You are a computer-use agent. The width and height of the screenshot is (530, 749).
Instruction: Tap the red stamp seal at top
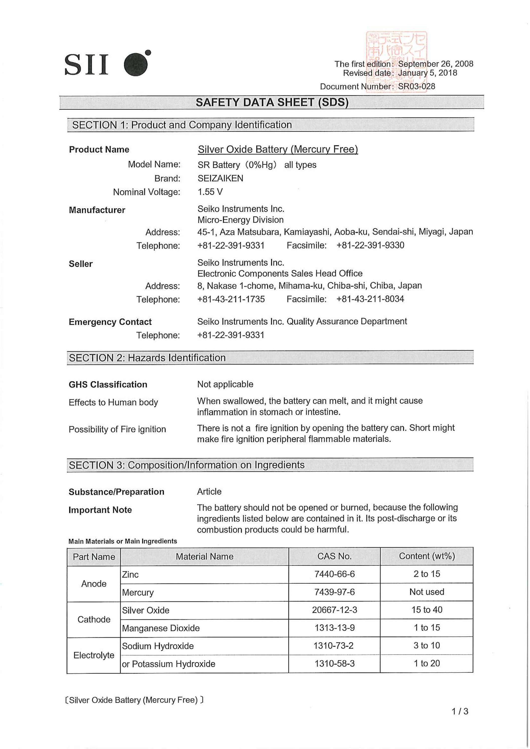click(x=396, y=62)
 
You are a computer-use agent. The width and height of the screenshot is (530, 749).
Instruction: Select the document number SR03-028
click(x=416, y=86)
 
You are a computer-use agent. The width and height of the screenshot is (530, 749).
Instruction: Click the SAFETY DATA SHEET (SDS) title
click(x=272, y=102)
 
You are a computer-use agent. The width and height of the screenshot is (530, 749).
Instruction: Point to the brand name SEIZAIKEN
click(x=220, y=178)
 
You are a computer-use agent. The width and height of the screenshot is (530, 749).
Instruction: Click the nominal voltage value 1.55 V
click(x=210, y=192)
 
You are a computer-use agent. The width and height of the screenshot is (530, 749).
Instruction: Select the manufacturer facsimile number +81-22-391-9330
click(x=370, y=245)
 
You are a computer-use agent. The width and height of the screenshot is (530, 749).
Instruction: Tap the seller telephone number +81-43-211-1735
click(x=231, y=299)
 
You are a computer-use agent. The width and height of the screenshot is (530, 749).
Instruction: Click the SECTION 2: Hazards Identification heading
click(x=147, y=358)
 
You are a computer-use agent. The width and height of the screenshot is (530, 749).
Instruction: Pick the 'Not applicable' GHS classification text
click(x=225, y=384)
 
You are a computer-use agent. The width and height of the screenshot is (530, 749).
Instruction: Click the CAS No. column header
click(x=334, y=556)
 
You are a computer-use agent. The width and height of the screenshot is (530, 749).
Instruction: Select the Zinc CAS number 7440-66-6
click(x=334, y=574)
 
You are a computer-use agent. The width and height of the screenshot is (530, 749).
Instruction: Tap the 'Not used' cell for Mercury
click(x=427, y=592)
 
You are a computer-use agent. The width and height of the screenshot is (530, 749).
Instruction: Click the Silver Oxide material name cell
click(x=146, y=610)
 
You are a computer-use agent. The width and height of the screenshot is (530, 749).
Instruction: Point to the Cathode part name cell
click(x=94, y=619)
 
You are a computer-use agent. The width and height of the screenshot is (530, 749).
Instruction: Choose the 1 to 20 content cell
click(x=427, y=663)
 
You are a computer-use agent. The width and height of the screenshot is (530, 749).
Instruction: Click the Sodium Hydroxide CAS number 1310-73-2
click(x=333, y=646)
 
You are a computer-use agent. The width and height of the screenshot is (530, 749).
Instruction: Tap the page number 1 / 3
click(x=460, y=711)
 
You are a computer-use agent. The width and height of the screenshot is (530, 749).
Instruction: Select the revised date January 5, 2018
click(x=427, y=73)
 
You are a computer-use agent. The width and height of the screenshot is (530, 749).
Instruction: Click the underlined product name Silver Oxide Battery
click(x=278, y=150)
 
